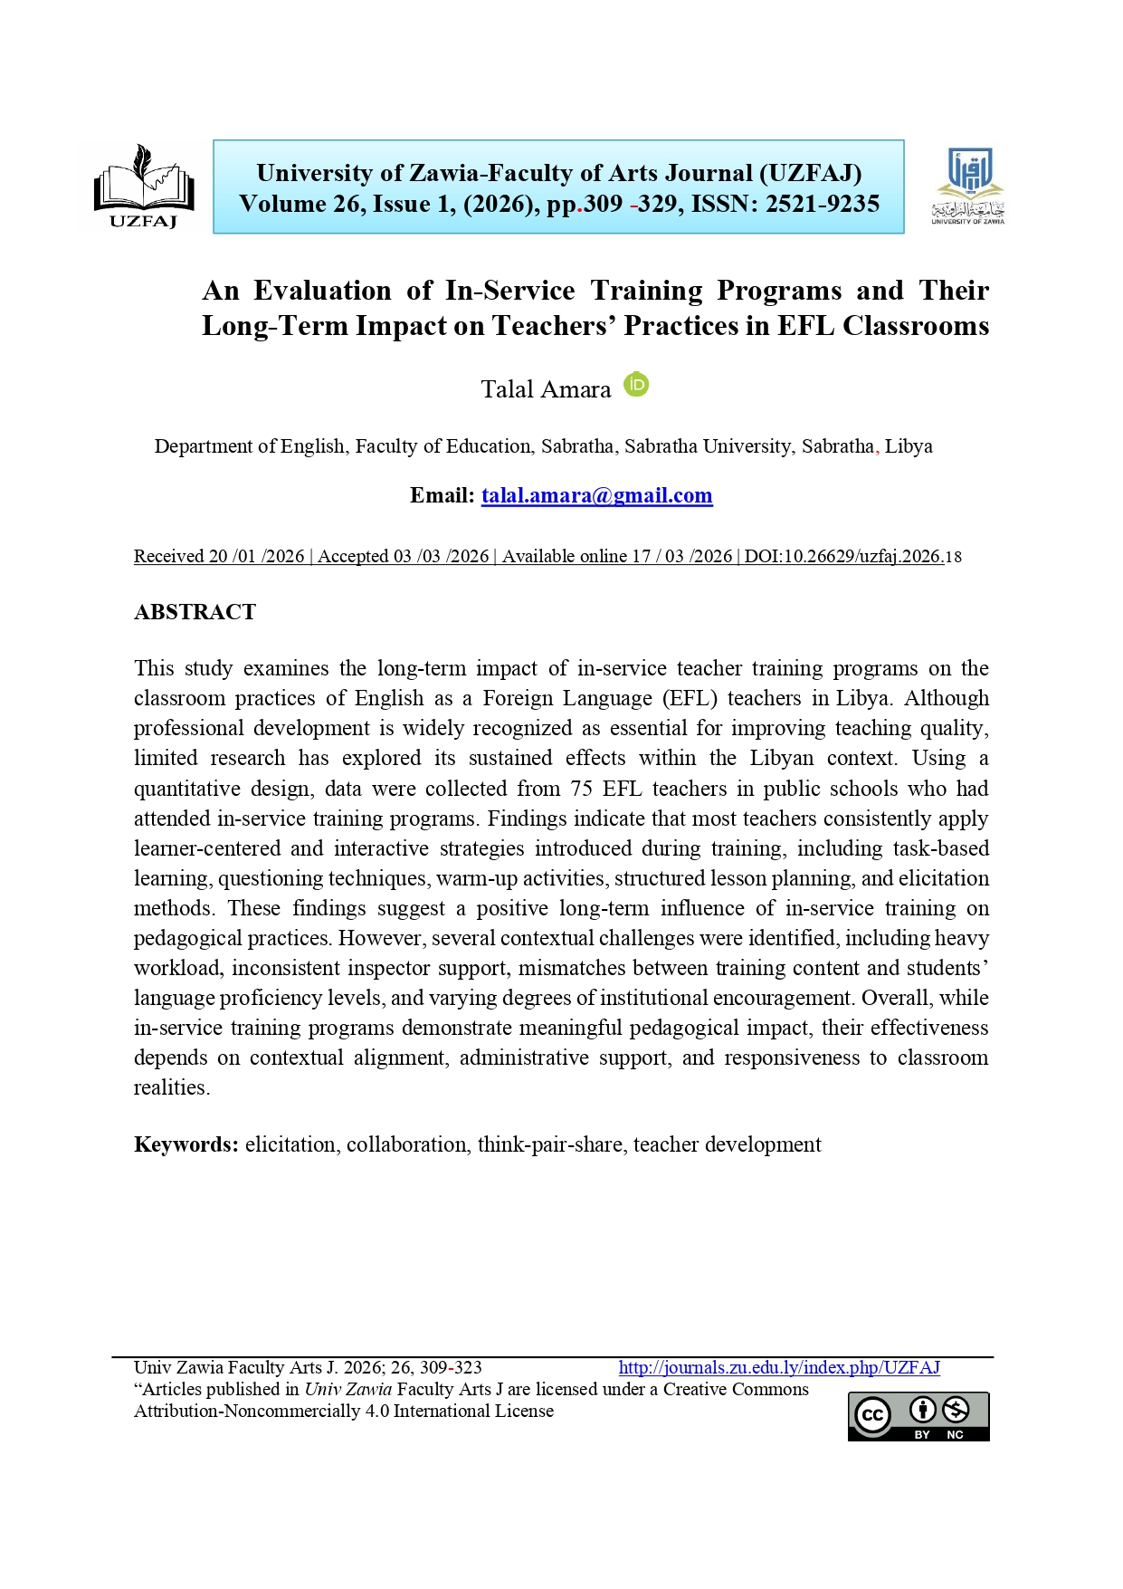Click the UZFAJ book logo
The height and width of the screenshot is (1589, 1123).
pyautogui.click(x=144, y=185)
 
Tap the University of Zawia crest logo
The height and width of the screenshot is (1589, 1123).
pyautogui.click(x=967, y=185)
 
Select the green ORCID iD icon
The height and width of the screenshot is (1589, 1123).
pyautogui.click(x=637, y=385)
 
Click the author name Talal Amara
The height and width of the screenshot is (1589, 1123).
pyautogui.click(x=546, y=389)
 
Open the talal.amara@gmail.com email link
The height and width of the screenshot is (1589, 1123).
pyautogui.click(x=596, y=495)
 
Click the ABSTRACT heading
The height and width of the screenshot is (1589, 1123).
pyautogui.click(x=195, y=612)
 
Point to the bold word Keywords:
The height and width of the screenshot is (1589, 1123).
pyautogui.click(x=186, y=1144)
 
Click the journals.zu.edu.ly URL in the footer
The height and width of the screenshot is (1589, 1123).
pyautogui.click(x=779, y=1367)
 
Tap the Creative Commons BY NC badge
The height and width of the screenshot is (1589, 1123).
pyautogui.click(x=918, y=1416)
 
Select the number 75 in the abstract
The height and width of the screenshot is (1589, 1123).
pyautogui.click(x=581, y=789)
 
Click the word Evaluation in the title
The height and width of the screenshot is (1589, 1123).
pyautogui.click(x=322, y=291)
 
